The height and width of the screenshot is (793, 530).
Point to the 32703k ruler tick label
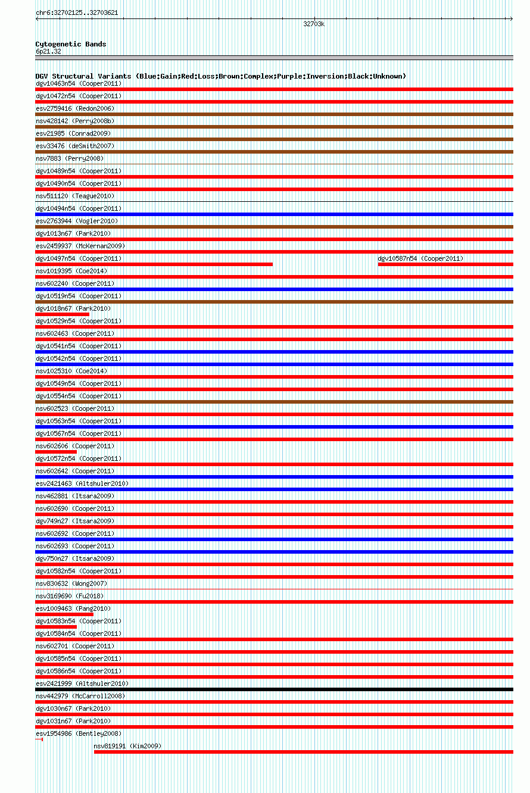coord(314,24)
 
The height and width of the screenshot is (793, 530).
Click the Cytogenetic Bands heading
coord(71,44)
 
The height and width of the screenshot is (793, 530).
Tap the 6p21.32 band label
coord(48,51)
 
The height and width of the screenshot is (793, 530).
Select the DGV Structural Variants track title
coord(220,76)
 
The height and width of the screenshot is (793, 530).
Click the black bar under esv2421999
coord(274,689)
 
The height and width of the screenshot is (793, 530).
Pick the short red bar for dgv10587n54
coord(445,264)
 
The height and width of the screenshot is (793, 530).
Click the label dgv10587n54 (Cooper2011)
coord(420,258)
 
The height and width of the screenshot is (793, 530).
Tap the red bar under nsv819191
coord(303,752)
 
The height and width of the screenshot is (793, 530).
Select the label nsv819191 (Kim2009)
coord(127,746)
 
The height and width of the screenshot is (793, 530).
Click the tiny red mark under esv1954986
coord(42,739)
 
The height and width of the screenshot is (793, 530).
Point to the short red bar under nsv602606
coord(56,452)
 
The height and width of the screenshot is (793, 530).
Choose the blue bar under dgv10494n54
coord(274,214)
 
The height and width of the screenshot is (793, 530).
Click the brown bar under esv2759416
coord(274,114)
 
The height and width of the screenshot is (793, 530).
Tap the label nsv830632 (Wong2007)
coord(71,583)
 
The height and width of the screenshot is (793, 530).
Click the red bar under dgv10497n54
coord(154,264)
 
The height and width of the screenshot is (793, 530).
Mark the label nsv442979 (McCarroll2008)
coord(80,696)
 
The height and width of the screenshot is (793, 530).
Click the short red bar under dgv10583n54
coord(56,627)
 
